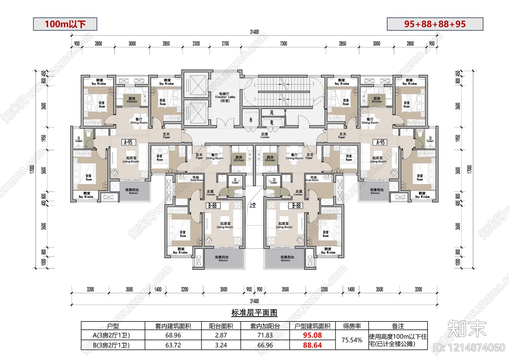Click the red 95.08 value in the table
312,335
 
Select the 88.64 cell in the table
312,345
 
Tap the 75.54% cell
352,340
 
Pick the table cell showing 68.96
173,335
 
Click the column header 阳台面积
221,326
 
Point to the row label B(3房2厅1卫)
111,345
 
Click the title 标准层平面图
254,313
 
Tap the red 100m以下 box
65,24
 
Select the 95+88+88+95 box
435,24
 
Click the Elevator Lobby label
225,97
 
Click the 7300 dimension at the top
283,44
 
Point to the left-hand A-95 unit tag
128,142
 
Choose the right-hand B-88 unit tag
296,206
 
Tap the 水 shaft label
251,120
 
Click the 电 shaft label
272,122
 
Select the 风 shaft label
272,113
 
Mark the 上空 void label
253,205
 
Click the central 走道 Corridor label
265,135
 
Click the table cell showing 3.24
221,345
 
